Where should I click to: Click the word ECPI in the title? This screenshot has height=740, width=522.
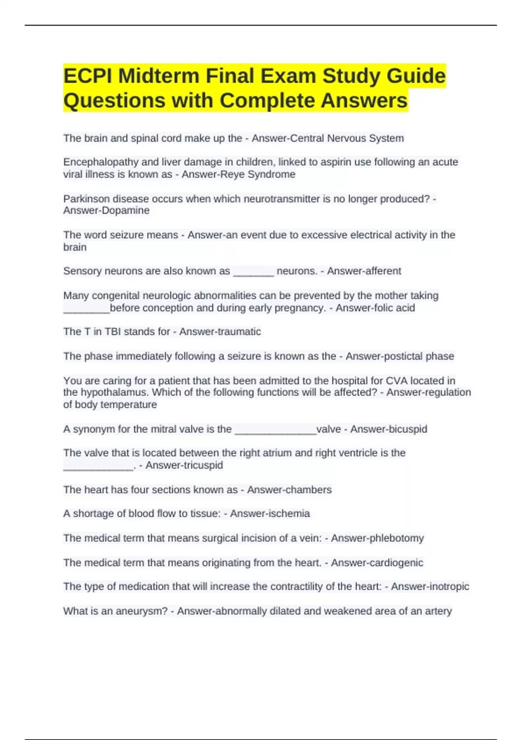pyautogui.click(x=87, y=76)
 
